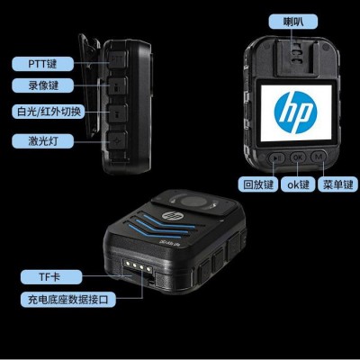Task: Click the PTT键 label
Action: pyautogui.click(x=42, y=64)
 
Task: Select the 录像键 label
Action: pyautogui.click(x=42, y=85)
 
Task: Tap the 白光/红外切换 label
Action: pyautogui.click(x=49, y=112)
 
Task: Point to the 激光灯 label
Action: pyautogui.click(x=42, y=140)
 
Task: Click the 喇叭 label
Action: pyautogui.click(x=292, y=22)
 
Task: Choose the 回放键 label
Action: pyautogui.click(x=258, y=184)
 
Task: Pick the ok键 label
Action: pyautogui.click(x=298, y=184)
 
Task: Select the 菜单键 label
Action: pyautogui.click(x=337, y=184)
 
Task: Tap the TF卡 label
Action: pyautogui.click(x=51, y=277)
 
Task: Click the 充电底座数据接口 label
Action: pyautogui.click(x=68, y=300)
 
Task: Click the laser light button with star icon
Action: pyautogui.click(x=117, y=140)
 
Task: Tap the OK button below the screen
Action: pyautogui.click(x=298, y=157)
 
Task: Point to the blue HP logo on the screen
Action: pyautogui.click(x=295, y=112)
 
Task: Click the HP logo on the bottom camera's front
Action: pyautogui.click(x=170, y=215)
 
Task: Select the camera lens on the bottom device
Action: pyautogui.click(x=192, y=201)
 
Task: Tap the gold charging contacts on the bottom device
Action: pyautogui.click(x=138, y=265)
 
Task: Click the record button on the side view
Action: pyautogui.click(x=117, y=86)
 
